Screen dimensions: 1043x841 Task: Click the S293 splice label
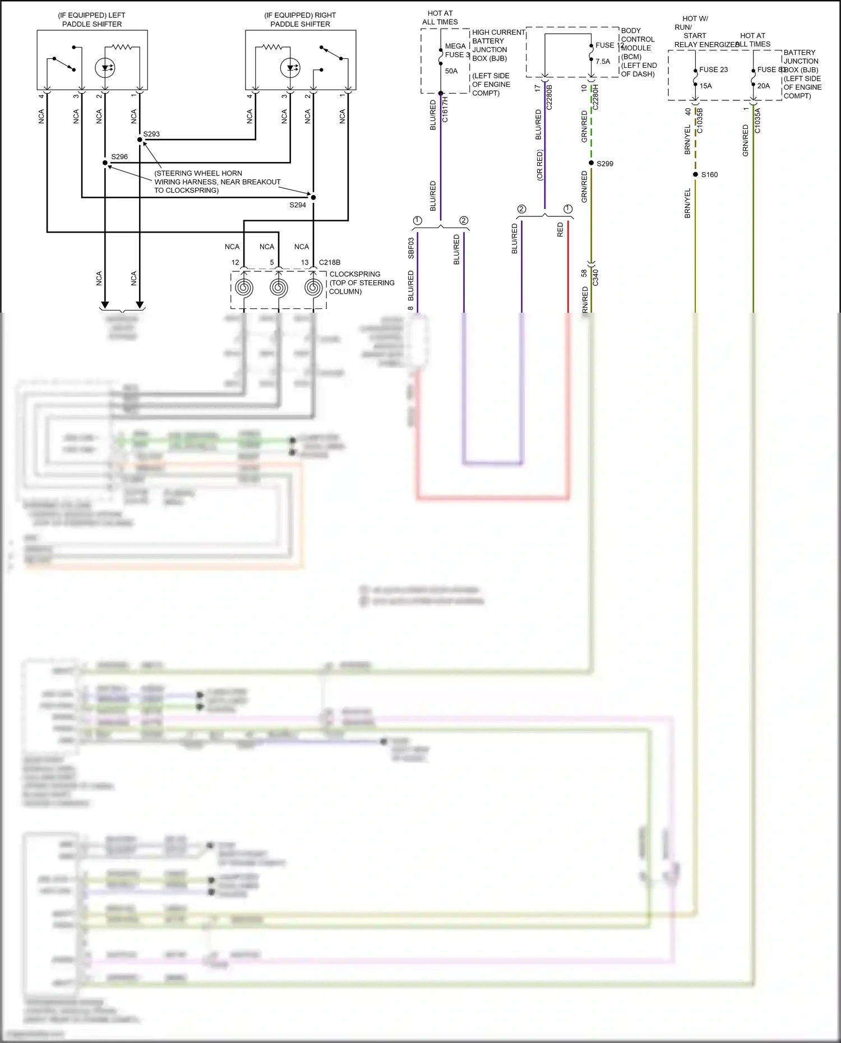point(151,134)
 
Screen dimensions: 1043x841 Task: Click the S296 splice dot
point(105,163)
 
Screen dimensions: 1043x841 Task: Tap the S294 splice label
point(298,205)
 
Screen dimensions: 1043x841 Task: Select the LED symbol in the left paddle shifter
point(105,68)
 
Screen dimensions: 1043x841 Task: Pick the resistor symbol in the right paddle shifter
point(273,47)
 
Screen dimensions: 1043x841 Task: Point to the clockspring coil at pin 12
point(244,288)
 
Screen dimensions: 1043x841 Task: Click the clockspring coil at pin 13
point(313,288)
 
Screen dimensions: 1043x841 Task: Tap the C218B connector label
point(330,262)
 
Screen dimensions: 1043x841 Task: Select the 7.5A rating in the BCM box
point(603,62)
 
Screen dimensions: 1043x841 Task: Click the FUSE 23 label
point(713,69)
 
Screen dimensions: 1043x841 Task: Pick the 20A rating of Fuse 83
point(764,86)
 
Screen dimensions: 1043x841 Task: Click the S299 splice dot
point(591,163)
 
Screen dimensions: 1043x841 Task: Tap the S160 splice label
point(709,175)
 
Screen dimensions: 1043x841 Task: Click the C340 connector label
point(595,277)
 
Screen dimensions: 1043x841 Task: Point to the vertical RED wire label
point(560,230)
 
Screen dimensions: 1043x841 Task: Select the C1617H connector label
point(445,109)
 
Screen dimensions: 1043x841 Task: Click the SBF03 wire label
point(411,248)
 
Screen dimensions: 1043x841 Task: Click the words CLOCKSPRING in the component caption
point(354,274)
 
